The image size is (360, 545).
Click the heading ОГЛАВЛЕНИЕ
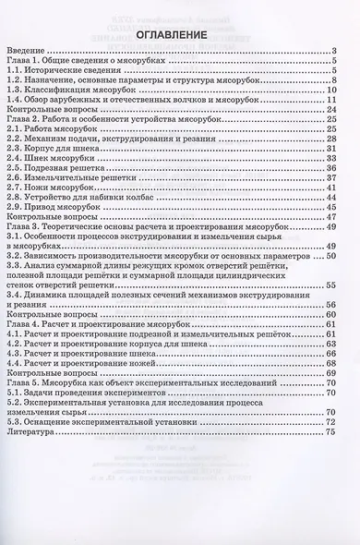click(179, 37)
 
